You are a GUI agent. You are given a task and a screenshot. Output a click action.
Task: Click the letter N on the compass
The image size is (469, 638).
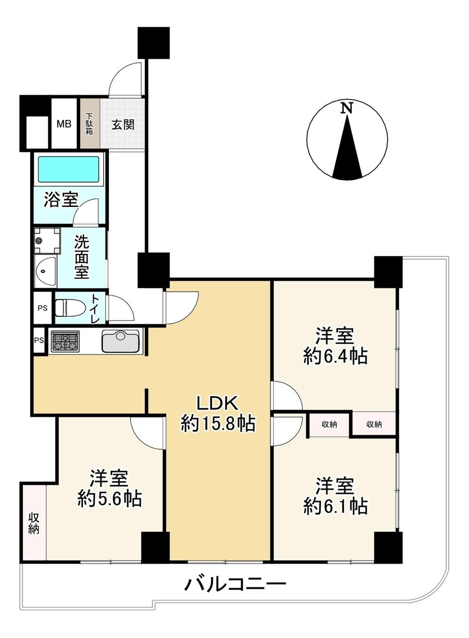347,108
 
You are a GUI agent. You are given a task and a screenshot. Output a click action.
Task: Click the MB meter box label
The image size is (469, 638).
64,124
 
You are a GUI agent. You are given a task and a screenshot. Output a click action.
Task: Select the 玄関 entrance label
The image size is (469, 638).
123,125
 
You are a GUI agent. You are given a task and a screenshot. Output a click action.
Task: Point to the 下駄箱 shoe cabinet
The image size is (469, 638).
90,123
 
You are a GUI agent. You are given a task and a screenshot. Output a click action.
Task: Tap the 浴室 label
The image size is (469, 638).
61,200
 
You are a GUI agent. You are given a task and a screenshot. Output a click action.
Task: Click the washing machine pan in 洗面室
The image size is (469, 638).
47,240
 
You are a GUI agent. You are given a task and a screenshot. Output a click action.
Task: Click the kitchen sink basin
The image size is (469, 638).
121,341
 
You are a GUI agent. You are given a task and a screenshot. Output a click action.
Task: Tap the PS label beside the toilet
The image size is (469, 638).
43,308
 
